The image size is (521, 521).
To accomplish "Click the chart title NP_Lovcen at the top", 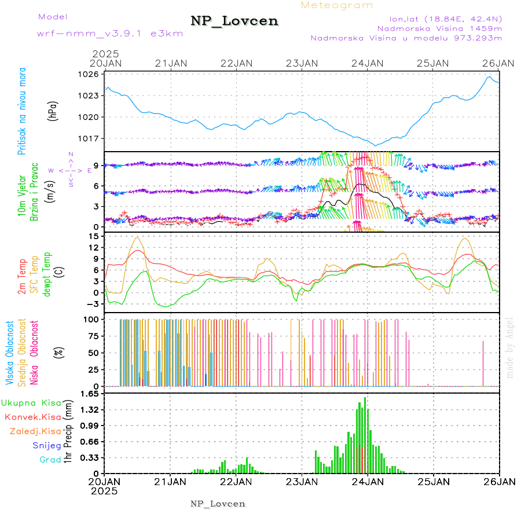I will (234, 21).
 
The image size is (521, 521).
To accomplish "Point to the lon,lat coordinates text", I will (446, 18).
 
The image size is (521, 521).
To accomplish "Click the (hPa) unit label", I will (53, 111).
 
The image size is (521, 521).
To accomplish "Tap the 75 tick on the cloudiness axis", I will (91, 336).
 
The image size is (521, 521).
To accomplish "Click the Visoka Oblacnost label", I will (10, 352).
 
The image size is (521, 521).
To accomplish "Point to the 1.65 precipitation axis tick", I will (89, 394).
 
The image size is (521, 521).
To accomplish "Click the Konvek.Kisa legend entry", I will (32, 417).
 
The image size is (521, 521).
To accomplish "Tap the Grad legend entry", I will (50, 460).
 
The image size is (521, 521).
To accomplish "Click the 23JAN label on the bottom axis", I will (302, 481).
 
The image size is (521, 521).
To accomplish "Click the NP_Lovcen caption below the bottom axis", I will (218, 504).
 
